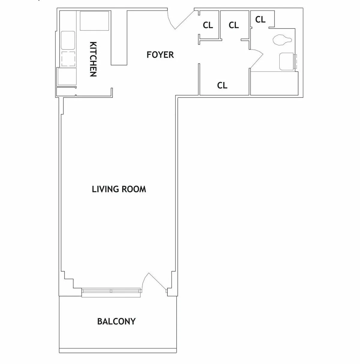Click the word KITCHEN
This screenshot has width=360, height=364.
pos(93,59)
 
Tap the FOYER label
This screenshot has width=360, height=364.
pos(160,55)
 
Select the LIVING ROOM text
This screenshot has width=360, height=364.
pos(119,189)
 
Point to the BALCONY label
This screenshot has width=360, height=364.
pos(116,321)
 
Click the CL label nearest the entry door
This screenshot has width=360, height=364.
pos(208,26)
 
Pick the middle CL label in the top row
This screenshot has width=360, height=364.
pos(234,26)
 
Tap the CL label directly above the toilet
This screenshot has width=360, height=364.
pos(260,20)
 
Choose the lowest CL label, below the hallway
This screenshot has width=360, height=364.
pos(222,86)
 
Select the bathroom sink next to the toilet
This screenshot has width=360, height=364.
pos(286,62)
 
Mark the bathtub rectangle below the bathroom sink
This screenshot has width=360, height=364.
pos(274,83)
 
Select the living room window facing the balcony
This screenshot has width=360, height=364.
pos(111,291)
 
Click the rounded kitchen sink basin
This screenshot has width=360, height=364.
pos(68,40)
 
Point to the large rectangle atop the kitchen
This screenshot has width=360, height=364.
pos(94,21)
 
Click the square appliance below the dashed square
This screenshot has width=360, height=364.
pos(67,76)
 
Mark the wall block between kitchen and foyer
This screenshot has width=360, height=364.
pos(119,38)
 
